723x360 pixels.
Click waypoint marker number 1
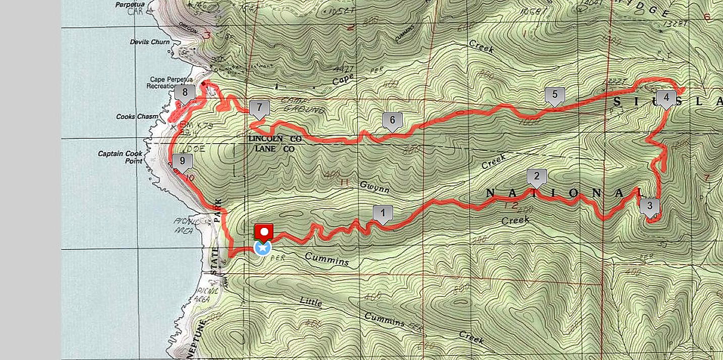[x=382, y=213]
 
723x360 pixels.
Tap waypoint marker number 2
[x=536, y=176]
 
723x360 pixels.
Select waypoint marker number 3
[x=649, y=206]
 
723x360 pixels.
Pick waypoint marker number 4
[x=666, y=97]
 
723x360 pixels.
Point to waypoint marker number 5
[x=554, y=94]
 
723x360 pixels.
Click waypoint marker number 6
[x=392, y=120]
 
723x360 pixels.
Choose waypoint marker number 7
[x=259, y=107]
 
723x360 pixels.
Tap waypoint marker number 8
[x=185, y=92]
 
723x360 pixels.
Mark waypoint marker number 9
[x=182, y=162]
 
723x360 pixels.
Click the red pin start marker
[x=263, y=231]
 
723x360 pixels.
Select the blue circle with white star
[x=262, y=248]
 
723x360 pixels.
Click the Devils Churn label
[x=149, y=42]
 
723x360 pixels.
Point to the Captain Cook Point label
[x=121, y=157]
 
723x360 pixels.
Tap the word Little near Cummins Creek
[x=311, y=302]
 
